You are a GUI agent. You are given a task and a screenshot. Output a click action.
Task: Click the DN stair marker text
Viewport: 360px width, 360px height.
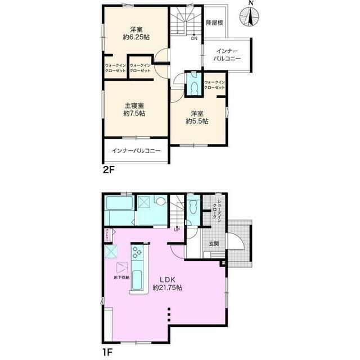(193, 39)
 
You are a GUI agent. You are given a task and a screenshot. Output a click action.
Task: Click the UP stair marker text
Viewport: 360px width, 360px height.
(177, 229)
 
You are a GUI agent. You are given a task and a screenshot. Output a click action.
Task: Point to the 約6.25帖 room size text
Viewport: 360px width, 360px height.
(136, 37)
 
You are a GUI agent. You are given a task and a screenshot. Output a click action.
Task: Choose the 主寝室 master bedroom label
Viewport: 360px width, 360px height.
(134, 105)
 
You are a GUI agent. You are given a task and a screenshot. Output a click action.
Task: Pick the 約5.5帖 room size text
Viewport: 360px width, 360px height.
(197, 121)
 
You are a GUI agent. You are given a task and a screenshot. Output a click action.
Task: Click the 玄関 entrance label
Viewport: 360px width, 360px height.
(214, 244)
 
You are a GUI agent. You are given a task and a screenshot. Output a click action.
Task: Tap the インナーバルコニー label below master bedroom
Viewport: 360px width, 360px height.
(136, 151)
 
